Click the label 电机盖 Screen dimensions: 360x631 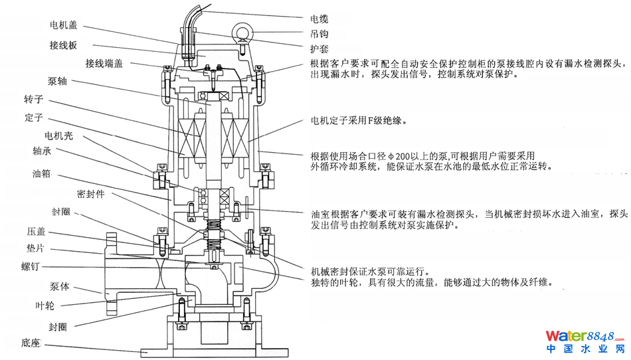64,25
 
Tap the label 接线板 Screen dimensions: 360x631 64,45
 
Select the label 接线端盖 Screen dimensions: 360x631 104,64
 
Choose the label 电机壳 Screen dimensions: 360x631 59,137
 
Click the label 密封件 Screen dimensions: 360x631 91,195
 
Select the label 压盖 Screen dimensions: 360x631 37,233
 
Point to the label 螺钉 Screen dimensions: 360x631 32,267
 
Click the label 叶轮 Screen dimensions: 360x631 45,306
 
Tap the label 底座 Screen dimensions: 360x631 31,344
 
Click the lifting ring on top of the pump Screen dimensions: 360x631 241,31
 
